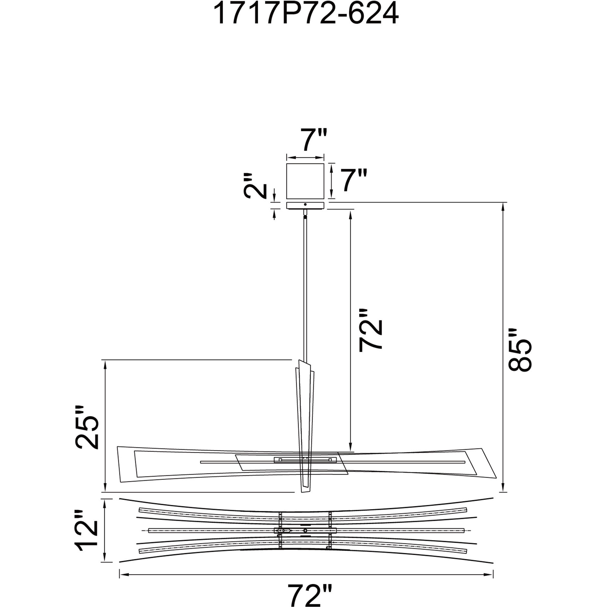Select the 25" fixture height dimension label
pos(86,427)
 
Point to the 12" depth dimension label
pos(86,537)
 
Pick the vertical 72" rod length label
pos(371,330)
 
